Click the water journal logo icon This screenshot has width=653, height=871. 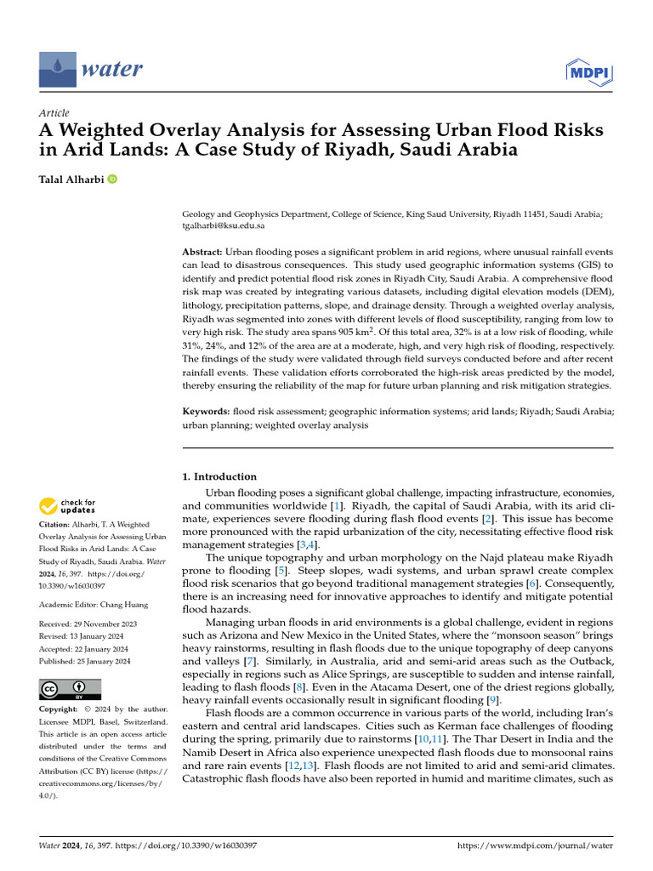[x=56, y=68]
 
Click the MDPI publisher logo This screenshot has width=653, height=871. [x=589, y=72]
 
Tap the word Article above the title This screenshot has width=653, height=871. [x=54, y=113]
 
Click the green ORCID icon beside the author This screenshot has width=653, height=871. [x=112, y=179]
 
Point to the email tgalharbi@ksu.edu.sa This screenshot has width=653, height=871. [x=224, y=226]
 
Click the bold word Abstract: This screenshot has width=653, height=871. [x=202, y=253]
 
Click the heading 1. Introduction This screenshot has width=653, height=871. [x=220, y=476]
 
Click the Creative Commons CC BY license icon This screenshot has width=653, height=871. [x=70, y=689]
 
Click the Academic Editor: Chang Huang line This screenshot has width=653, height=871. [x=92, y=605]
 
